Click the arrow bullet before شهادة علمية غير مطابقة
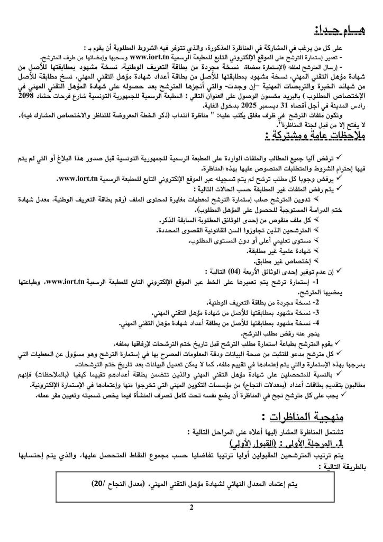(318, 250)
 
